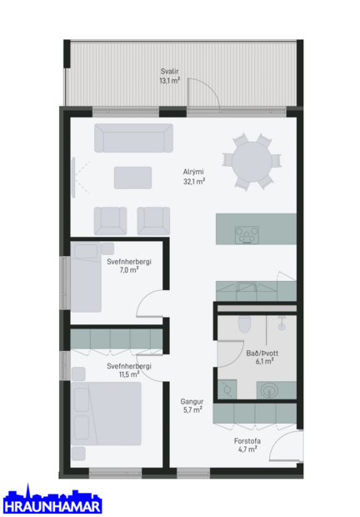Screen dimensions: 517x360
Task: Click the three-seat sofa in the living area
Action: pyautogui.click(x=133, y=138)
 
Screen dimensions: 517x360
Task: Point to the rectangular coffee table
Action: pyautogui.click(x=132, y=178)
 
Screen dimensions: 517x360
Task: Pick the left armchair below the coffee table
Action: pyautogui.click(x=110, y=220)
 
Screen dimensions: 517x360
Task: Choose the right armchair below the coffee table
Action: pyautogui.click(x=153, y=220)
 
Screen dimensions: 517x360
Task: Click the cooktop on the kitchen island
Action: pyautogui.click(x=247, y=234)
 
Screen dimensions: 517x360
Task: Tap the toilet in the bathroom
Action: pyautogui.click(x=244, y=323)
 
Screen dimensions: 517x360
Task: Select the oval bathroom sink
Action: pyautogui.click(x=269, y=389)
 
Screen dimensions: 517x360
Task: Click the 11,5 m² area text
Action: pyautogui.click(x=128, y=374)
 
